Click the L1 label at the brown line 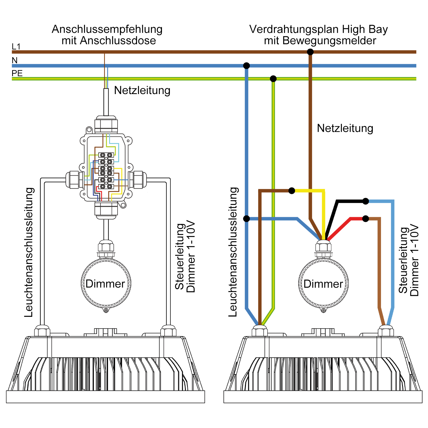16,46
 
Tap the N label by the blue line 15,60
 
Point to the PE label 17,73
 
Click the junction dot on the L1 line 310,52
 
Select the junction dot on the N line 246,66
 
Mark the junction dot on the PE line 273,78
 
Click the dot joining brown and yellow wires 292,190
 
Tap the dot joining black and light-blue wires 366,201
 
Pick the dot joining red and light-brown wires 366,218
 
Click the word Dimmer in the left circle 105,283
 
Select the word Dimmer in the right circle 323,284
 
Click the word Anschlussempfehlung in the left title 107,29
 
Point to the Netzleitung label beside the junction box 142,90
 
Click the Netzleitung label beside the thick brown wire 345,128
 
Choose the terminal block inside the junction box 106,171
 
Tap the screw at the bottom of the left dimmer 106,310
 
